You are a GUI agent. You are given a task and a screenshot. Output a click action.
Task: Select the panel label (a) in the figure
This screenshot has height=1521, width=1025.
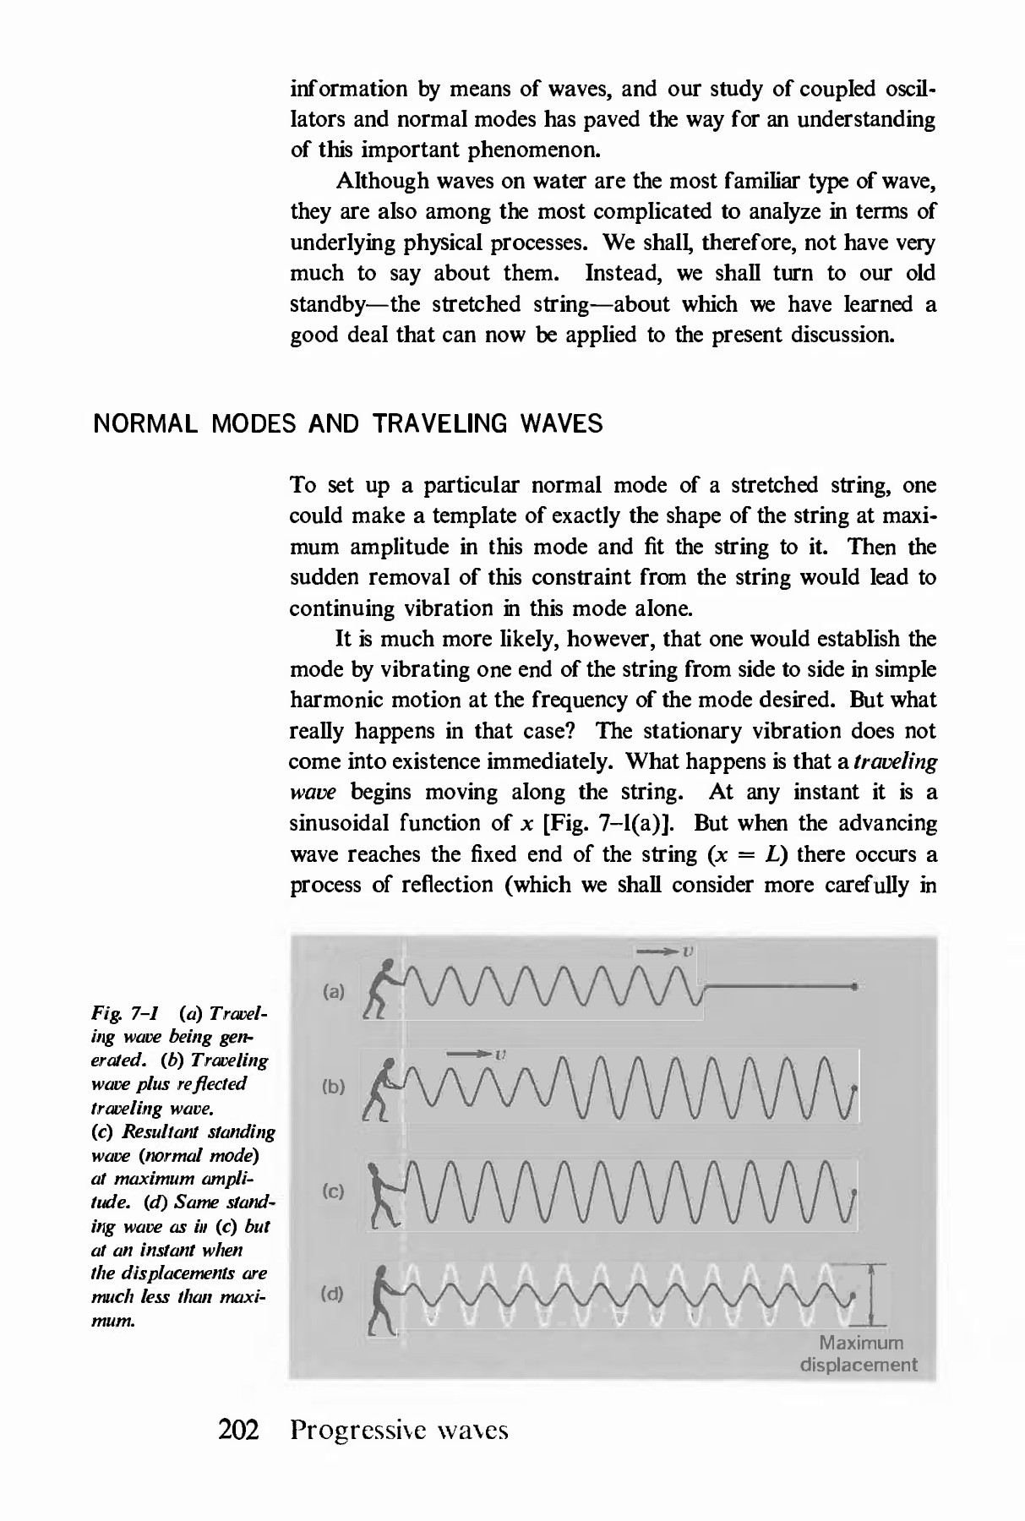click(x=335, y=991)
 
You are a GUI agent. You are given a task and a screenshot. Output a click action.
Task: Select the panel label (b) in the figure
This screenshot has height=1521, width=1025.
click(x=335, y=1087)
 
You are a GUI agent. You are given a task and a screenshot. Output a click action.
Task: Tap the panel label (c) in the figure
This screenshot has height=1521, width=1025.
click(x=335, y=1191)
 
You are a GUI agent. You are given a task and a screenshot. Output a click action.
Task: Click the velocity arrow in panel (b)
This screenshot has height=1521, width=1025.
click(x=472, y=1054)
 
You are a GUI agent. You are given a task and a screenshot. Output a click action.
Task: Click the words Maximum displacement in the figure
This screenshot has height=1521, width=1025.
click(x=859, y=1354)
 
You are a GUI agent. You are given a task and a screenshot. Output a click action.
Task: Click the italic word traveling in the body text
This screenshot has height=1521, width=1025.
click(x=895, y=761)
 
